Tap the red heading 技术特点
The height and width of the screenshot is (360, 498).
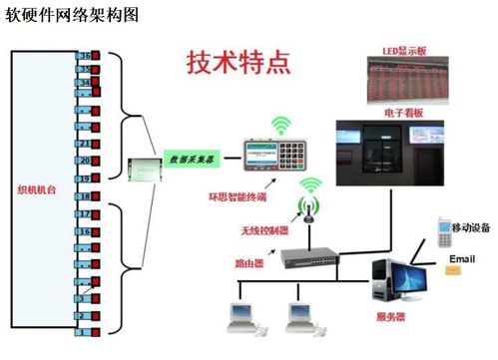point(240,63)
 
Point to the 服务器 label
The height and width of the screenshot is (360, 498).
point(392,317)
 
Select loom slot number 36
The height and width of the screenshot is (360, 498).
point(86,56)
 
